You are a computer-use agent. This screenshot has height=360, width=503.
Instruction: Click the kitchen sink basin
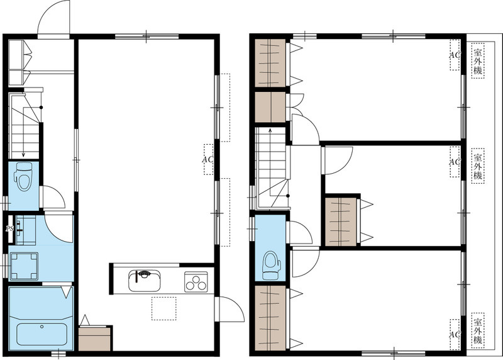pyautogui.click(x=145, y=281)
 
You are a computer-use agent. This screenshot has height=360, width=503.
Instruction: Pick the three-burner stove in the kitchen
pyautogui.click(x=196, y=281)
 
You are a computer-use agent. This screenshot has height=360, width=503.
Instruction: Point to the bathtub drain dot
pyautogui.click(x=41, y=327)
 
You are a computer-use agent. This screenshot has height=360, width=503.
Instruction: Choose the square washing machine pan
pyautogui.click(x=25, y=266)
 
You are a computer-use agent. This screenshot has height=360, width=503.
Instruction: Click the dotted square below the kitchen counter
pyautogui.click(x=164, y=308)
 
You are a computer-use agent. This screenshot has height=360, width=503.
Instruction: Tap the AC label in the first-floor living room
pyautogui.click(x=208, y=159)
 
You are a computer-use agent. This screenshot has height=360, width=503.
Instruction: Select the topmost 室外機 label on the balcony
pyautogui.click(x=478, y=61)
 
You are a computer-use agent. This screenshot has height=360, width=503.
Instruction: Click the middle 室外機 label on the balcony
pyautogui.click(x=478, y=166)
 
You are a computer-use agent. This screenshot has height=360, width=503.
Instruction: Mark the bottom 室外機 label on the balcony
pyautogui.click(x=478, y=331)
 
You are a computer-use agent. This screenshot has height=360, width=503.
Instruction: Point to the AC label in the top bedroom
pyautogui.click(x=455, y=55)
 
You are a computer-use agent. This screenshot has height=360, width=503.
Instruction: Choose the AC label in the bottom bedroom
pyautogui.click(x=455, y=335)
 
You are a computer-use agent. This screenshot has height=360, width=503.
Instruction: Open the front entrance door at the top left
pyautogui.click(x=53, y=18)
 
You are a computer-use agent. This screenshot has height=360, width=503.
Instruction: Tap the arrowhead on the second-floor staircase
pyautogui.click(x=270, y=130)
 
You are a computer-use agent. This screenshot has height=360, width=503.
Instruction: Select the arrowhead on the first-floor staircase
pyautogui.click(x=23, y=155)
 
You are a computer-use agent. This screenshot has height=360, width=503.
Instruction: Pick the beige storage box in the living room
pyautogui.click(x=95, y=339)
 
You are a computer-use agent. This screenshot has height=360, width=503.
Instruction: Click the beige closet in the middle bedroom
pyautogui.click(x=340, y=222)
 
